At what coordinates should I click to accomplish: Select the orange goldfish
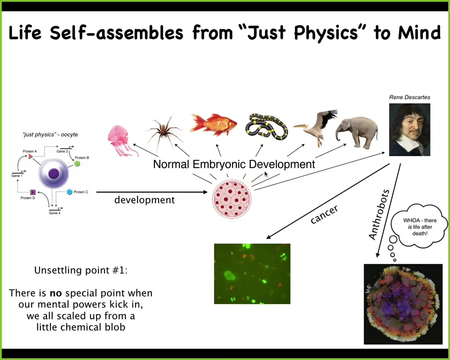click(214, 124)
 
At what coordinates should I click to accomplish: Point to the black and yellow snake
click(266, 127)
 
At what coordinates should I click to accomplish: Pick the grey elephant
click(357, 131)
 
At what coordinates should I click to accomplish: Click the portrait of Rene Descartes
click(409, 129)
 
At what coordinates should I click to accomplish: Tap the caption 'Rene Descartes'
click(409, 97)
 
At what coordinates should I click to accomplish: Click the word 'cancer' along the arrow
click(324, 214)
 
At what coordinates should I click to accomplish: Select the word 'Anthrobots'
click(379, 214)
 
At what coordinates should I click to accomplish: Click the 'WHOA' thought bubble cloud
click(419, 226)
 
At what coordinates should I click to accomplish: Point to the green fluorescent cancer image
click(252, 273)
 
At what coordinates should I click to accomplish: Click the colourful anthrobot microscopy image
click(403, 303)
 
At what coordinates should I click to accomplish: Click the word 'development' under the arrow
click(144, 200)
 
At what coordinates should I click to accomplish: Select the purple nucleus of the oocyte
click(53, 173)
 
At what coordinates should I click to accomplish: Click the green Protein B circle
click(77, 163)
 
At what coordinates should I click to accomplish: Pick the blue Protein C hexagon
click(69, 192)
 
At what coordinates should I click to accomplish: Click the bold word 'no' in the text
click(55, 293)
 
